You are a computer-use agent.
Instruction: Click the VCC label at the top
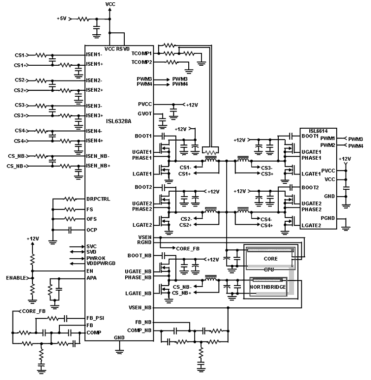pyautogui.click(x=111, y=4)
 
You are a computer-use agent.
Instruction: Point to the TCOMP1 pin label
pyautogui.click(x=142, y=54)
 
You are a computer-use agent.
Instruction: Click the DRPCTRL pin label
pyautogui.click(x=97, y=199)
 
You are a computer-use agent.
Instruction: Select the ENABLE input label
pyautogui.click(x=16, y=278)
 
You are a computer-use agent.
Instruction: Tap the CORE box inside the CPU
pyautogui.click(x=270, y=258)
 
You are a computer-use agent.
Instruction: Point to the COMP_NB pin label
pyautogui.click(x=141, y=330)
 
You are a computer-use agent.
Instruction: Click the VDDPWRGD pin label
pyautogui.click(x=101, y=263)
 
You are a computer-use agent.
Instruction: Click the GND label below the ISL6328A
pyautogui.click(x=119, y=338)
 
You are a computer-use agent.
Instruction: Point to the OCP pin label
pyautogui.click(x=91, y=230)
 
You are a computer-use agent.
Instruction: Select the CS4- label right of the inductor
pyautogui.click(x=267, y=219)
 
